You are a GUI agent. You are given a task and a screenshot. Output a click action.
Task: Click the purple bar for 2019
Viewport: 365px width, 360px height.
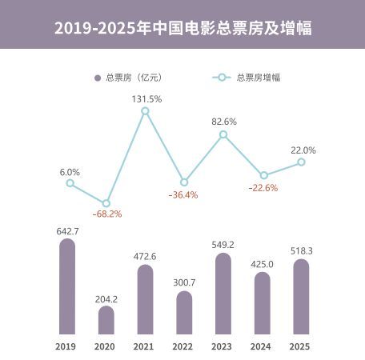[67, 286]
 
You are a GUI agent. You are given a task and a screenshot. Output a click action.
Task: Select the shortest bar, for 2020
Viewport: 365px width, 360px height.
[106, 320]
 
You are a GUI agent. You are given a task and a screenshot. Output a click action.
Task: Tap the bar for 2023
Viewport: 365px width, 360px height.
[223, 294]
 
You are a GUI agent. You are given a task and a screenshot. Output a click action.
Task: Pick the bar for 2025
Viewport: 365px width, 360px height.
[301, 296]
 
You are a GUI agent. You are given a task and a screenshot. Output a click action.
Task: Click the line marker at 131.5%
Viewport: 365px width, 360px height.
[145, 112]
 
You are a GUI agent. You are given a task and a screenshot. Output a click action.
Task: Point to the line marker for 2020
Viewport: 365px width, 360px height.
[106, 203]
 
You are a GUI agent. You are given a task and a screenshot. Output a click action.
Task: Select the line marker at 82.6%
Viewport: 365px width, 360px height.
[223, 134]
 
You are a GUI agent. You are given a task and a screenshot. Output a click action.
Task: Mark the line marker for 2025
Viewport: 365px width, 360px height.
[301, 162]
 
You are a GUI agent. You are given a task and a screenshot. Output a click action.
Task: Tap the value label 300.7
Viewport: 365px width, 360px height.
[184, 284]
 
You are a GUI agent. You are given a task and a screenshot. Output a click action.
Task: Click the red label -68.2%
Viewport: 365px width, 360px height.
[106, 214]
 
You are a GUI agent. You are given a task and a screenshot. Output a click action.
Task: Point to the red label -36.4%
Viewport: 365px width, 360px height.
[183, 194]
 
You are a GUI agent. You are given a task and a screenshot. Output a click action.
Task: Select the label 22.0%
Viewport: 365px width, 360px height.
[303, 150]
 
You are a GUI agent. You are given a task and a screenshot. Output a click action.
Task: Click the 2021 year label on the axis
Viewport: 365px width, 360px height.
[145, 346]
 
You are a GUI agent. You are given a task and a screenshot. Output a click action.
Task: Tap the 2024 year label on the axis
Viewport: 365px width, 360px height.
[262, 346]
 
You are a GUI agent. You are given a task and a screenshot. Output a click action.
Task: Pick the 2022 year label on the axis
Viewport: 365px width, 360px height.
[184, 346]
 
